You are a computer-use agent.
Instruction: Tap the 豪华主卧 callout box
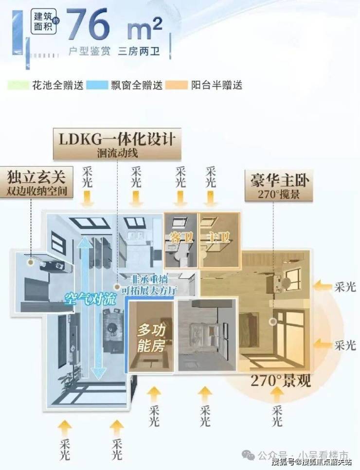(x=278, y=184)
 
